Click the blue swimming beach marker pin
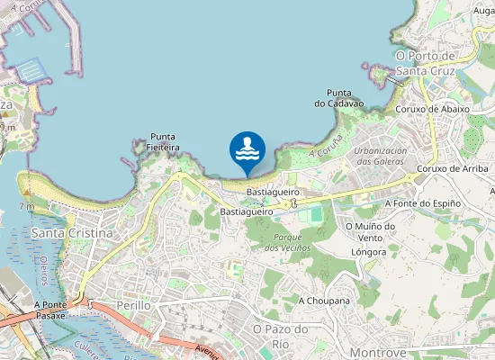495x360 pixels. (x=247, y=151)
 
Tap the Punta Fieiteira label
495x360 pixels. (x=165, y=141)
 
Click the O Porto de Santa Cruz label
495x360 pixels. (x=426, y=62)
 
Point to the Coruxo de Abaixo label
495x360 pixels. (x=432, y=109)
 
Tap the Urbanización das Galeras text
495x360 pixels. (x=380, y=156)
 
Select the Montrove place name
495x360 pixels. (x=378, y=353)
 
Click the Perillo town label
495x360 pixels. (x=133, y=305)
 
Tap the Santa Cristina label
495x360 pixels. (x=72, y=233)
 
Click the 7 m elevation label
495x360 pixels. (x=28, y=207)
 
